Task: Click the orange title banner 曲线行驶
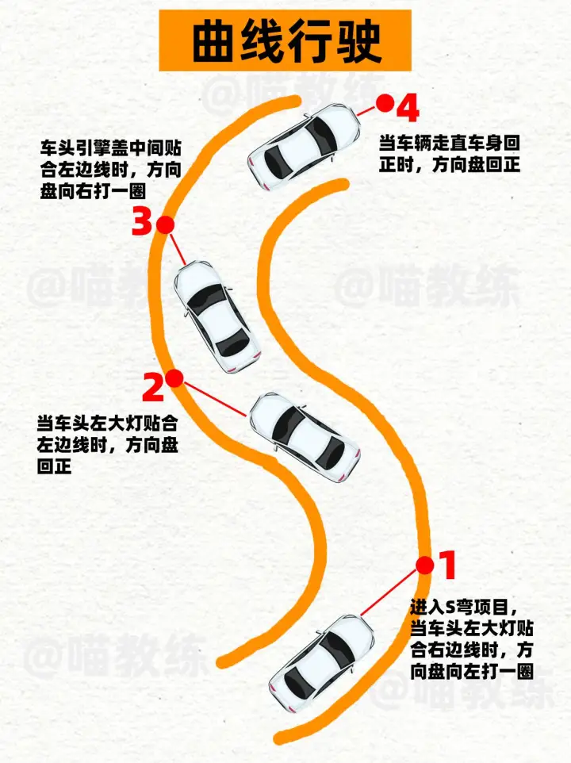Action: point(285,40)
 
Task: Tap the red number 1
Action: point(447,565)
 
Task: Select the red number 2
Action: point(153,387)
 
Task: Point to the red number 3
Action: point(143,221)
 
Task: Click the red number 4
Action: point(408,108)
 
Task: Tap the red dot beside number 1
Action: point(424,566)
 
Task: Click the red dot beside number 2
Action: point(174,378)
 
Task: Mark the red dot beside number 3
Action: point(166,224)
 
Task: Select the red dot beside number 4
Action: point(385,103)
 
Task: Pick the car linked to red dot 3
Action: point(217,316)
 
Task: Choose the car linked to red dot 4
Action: point(305,147)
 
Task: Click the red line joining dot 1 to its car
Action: point(389,593)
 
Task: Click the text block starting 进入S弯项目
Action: point(472,639)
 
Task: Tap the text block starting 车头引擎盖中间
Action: point(110,170)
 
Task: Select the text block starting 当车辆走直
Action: point(450,153)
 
